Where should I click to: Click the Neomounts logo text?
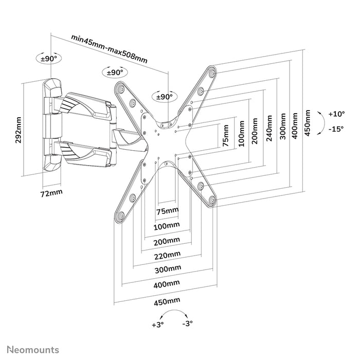tap(32, 350)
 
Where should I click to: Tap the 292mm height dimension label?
tap(19, 131)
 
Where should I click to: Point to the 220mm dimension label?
tap(168, 255)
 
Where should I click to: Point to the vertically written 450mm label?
tap(308, 121)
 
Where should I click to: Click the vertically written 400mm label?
tap(294, 123)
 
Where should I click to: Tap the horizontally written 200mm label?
tap(168, 240)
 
